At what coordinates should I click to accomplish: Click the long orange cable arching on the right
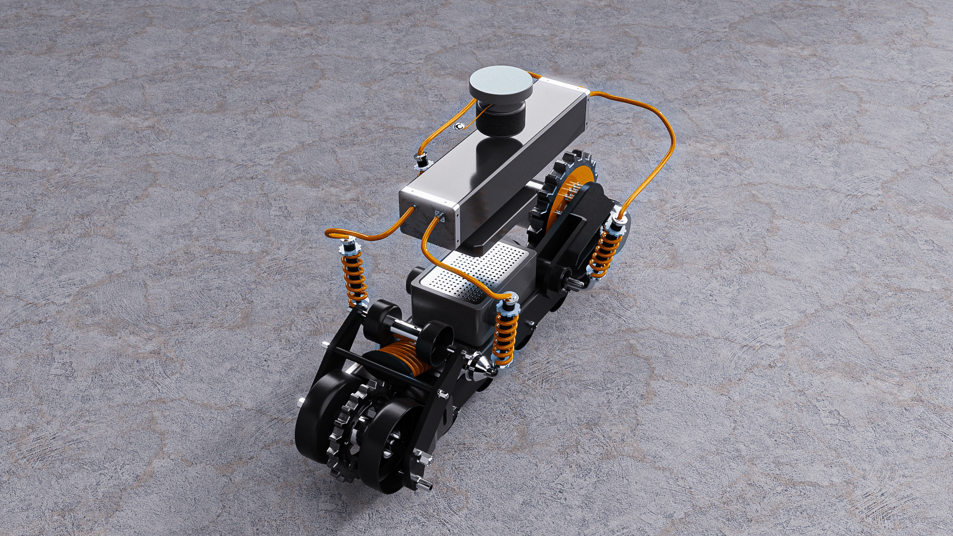660,144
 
